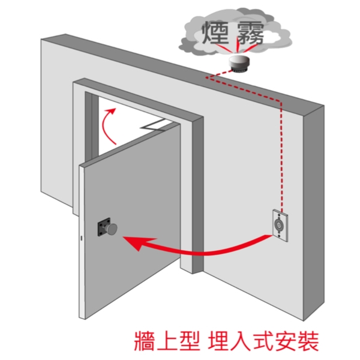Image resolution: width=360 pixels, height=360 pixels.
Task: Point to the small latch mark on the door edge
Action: [81, 239]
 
